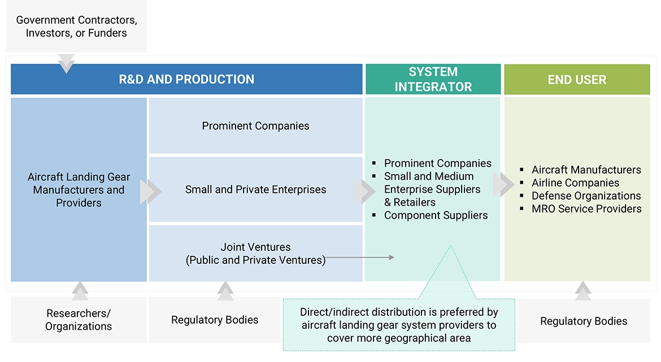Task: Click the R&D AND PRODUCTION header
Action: [x=186, y=80]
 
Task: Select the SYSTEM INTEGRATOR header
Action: [x=433, y=80]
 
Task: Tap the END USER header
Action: [x=577, y=80]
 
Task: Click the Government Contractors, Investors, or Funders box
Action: [x=77, y=27]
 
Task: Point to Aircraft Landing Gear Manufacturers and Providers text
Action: [x=79, y=189]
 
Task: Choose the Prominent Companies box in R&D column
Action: [x=255, y=126]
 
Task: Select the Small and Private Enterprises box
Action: [x=255, y=189]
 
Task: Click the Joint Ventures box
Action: [x=255, y=253]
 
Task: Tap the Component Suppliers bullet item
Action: [x=436, y=215]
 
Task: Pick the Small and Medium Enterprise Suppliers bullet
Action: [x=432, y=189]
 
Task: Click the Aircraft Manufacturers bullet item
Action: [x=586, y=170]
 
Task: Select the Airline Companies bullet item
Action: [x=575, y=183]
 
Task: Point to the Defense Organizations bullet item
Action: [x=586, y=196]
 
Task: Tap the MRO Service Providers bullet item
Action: [x=586, y=209]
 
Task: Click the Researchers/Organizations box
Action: [x=79, y=320]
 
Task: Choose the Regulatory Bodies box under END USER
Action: [x=584, y=321]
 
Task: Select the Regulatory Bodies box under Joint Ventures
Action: [x=215, y=320]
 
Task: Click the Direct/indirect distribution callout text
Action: [x=398, y=325]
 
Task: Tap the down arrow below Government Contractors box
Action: [x=66, y=63]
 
